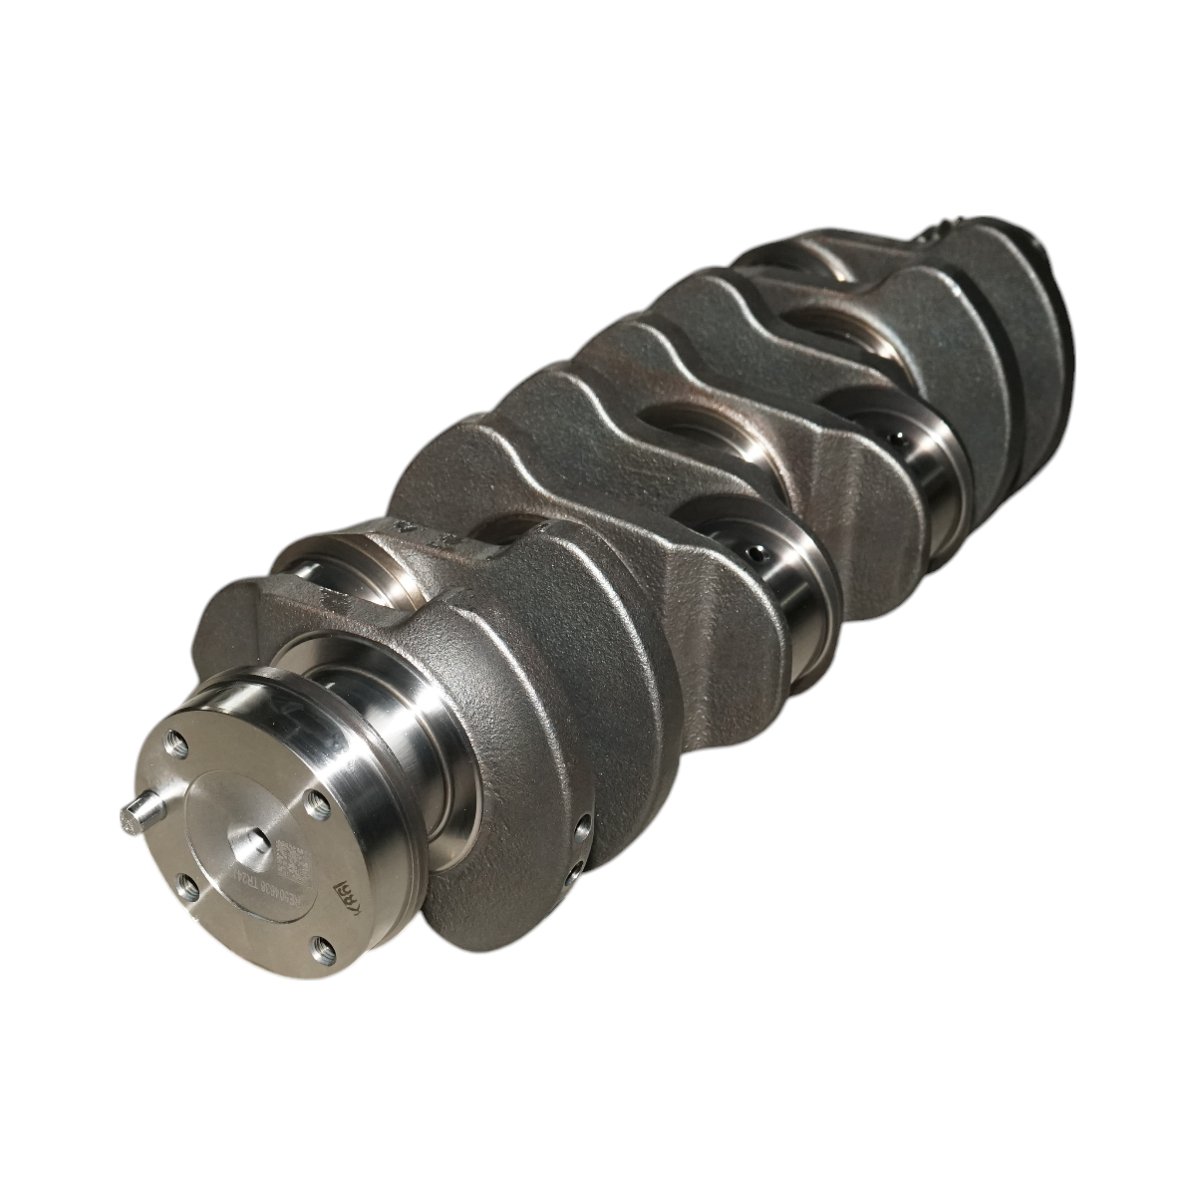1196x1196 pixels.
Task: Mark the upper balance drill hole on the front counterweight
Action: [x=581, y=825]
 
